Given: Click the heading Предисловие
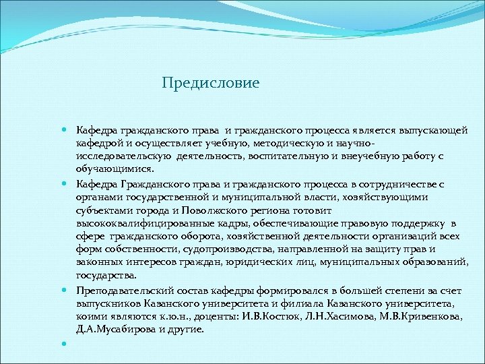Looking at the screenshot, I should pos(210,84).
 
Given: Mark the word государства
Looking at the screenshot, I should pos(106,275).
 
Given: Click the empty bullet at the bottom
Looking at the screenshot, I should pos(64,344).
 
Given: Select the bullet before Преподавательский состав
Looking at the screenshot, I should pos(64,291).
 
